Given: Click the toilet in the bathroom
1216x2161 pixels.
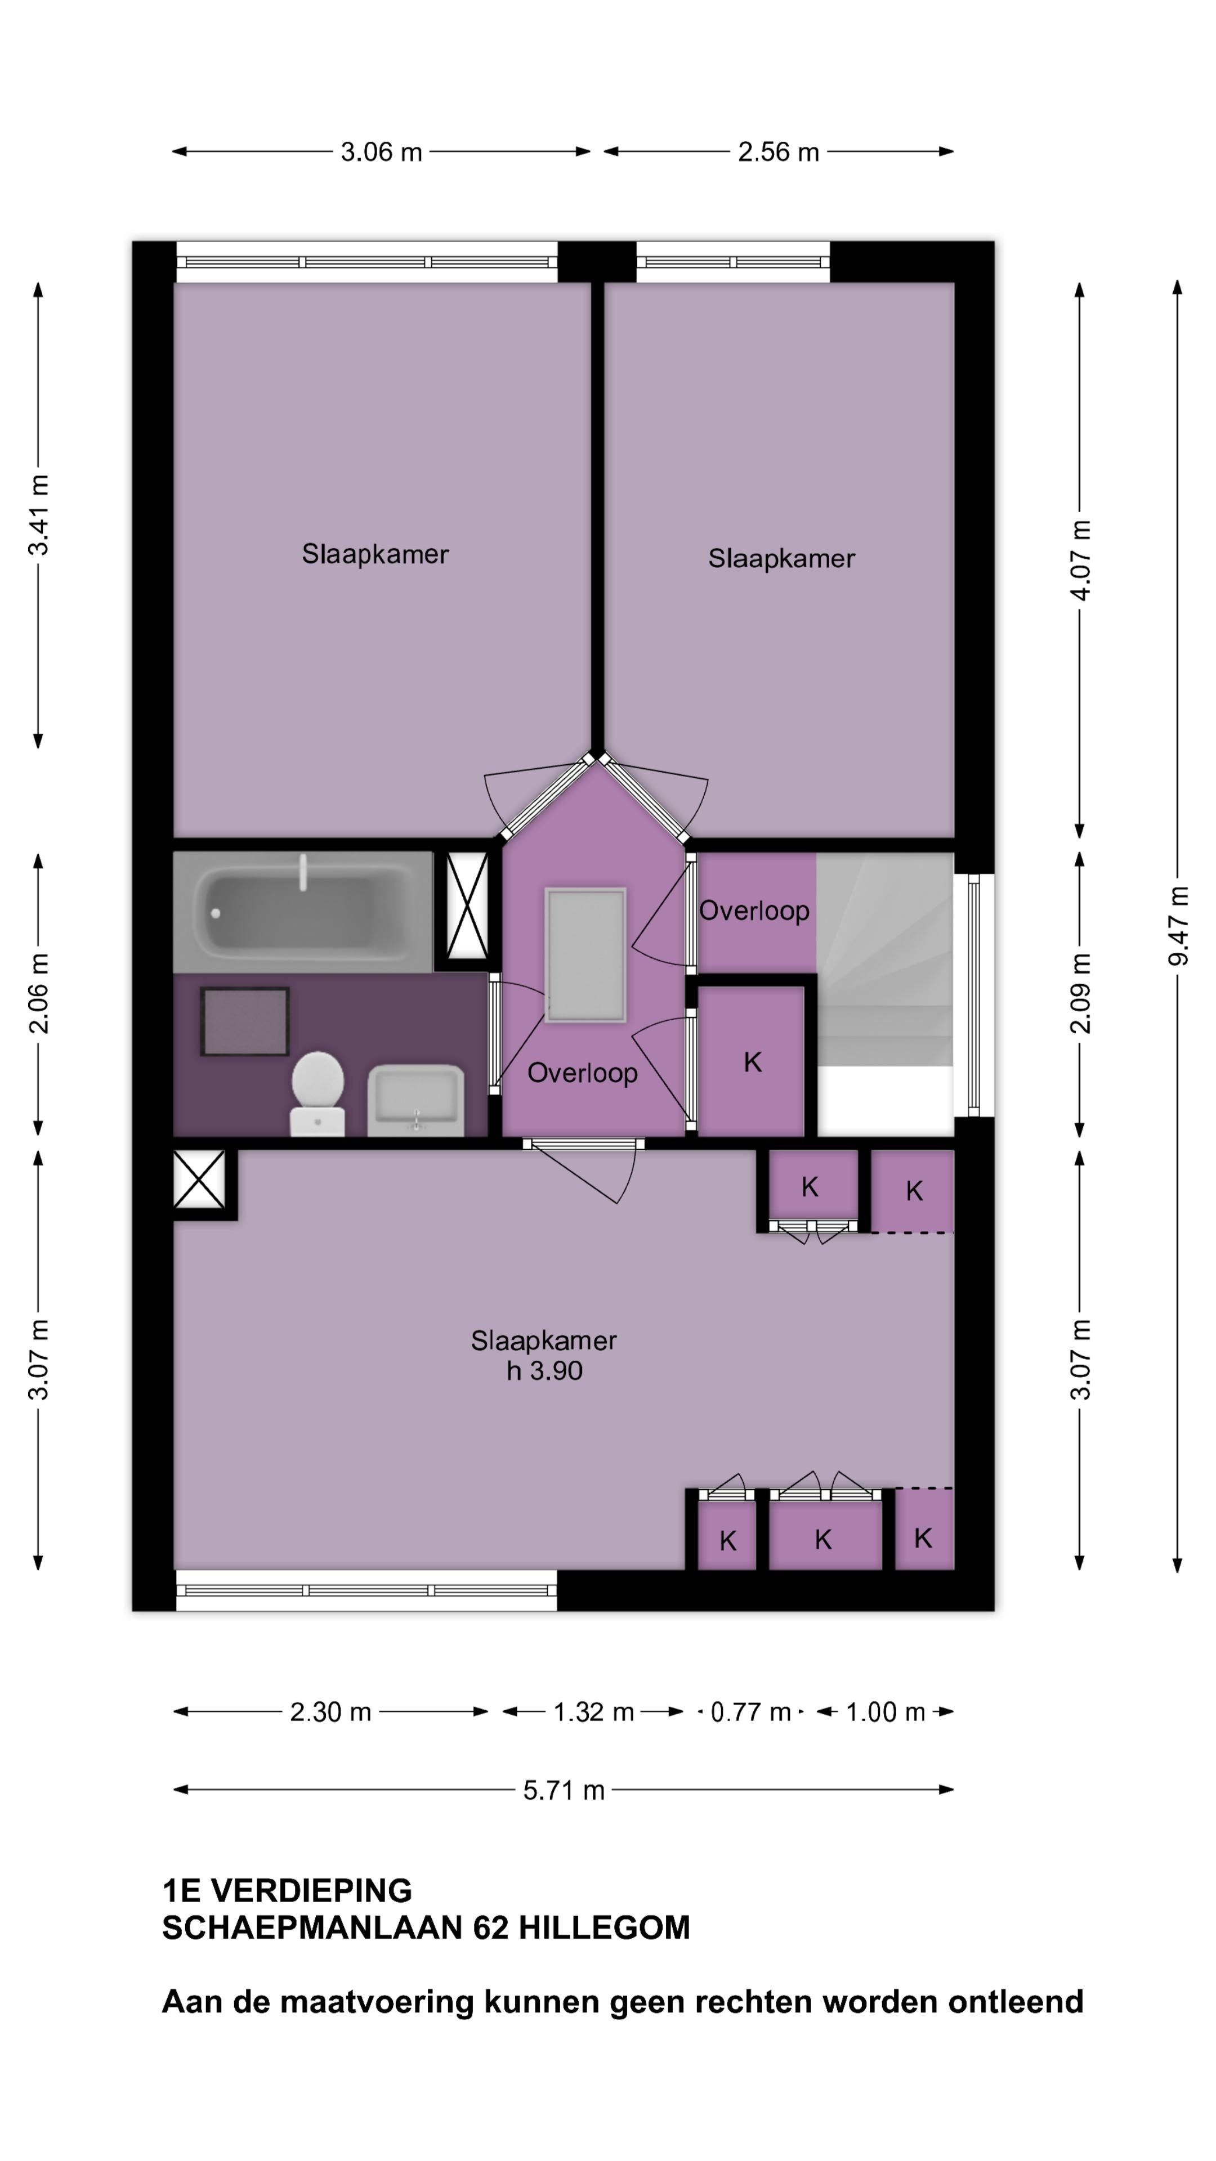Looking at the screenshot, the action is coord(317,1094).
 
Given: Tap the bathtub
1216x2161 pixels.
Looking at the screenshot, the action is coord(303,912).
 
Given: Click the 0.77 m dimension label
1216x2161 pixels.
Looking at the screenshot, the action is coord(751,1711).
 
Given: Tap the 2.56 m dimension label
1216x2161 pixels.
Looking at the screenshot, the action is coord(778,152).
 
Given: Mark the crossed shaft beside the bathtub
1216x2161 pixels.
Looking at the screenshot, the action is coord(467,906).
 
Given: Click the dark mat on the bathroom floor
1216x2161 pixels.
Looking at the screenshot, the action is coord(245,1021).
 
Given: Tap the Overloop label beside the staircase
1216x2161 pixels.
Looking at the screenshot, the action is coord(754,911).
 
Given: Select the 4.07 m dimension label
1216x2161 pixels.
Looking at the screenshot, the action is coord(1081,559).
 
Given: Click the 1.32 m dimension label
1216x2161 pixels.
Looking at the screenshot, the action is coord(593,1711).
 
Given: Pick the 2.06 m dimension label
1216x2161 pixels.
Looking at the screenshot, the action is coord(39,993).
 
